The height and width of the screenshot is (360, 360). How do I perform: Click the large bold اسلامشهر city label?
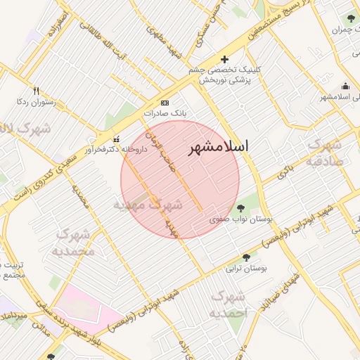click(x=219, y=149)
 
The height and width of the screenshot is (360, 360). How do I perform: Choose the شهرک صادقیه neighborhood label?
click(x=323, y=152)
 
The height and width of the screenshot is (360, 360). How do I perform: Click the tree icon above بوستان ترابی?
click(x=246, y=257)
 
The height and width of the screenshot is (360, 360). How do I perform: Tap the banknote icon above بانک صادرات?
click(x=165, y=102)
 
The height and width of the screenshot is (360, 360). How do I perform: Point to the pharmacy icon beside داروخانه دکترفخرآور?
click(x=116, y=139)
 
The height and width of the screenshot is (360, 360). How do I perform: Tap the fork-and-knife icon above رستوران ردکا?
click(x=36, y=91)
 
